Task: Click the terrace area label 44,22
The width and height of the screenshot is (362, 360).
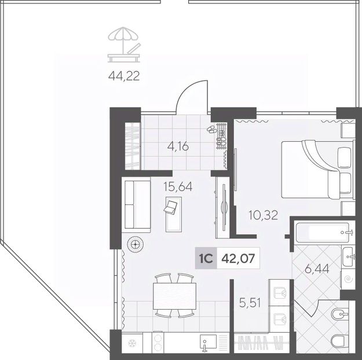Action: click(124, 76)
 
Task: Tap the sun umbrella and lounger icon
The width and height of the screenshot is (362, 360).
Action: click(124, 45)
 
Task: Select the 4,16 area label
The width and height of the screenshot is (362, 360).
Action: click(178, 146)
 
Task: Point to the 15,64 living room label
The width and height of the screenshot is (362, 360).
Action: click(178, 186)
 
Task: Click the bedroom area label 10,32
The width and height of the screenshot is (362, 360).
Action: click(263, 215)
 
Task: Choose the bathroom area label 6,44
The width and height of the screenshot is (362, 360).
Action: click(317, 269)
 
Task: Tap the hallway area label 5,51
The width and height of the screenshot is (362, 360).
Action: click(250, 303)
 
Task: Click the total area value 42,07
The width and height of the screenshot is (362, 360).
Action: click(238, 258)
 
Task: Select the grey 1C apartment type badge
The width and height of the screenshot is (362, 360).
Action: click(206, 258)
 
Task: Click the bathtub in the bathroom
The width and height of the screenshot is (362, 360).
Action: click(323, 233)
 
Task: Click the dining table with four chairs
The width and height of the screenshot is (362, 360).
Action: click(174, 296)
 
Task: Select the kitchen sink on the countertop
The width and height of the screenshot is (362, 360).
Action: click(209, 342)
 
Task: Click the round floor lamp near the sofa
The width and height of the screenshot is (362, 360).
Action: click(135, 244)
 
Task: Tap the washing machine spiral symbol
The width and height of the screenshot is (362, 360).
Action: click(348, 280)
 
